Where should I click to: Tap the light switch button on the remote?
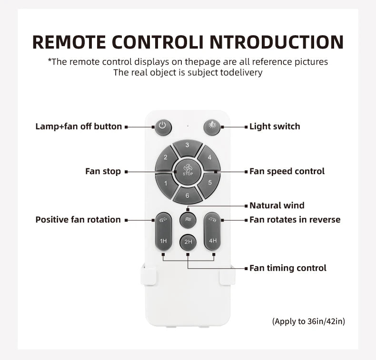(212, 127)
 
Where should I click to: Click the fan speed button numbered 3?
(188, 148)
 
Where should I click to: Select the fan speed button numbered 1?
(166, 185)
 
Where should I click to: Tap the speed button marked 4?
(209, 158)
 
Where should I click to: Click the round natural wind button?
(188, 220)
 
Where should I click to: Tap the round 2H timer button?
(188, 242)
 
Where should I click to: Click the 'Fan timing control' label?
(288, 268)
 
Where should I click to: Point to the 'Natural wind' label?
(277, 205)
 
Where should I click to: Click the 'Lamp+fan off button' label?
(79, 126)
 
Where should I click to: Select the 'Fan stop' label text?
(103, 172)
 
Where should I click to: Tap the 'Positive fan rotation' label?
(78, 220)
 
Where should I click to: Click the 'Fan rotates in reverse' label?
(295, 220)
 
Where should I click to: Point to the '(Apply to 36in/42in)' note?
(308, 321)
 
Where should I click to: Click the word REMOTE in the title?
(69, 42)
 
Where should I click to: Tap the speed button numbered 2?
(166, 158)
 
